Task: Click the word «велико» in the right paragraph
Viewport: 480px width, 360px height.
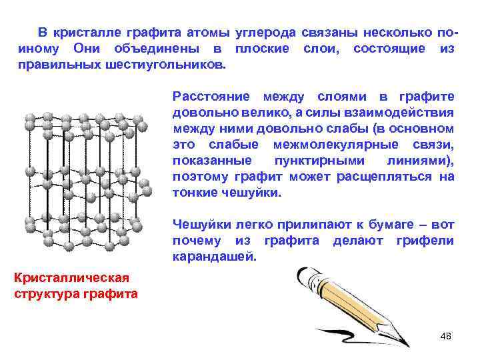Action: click(x=263, y=113)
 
